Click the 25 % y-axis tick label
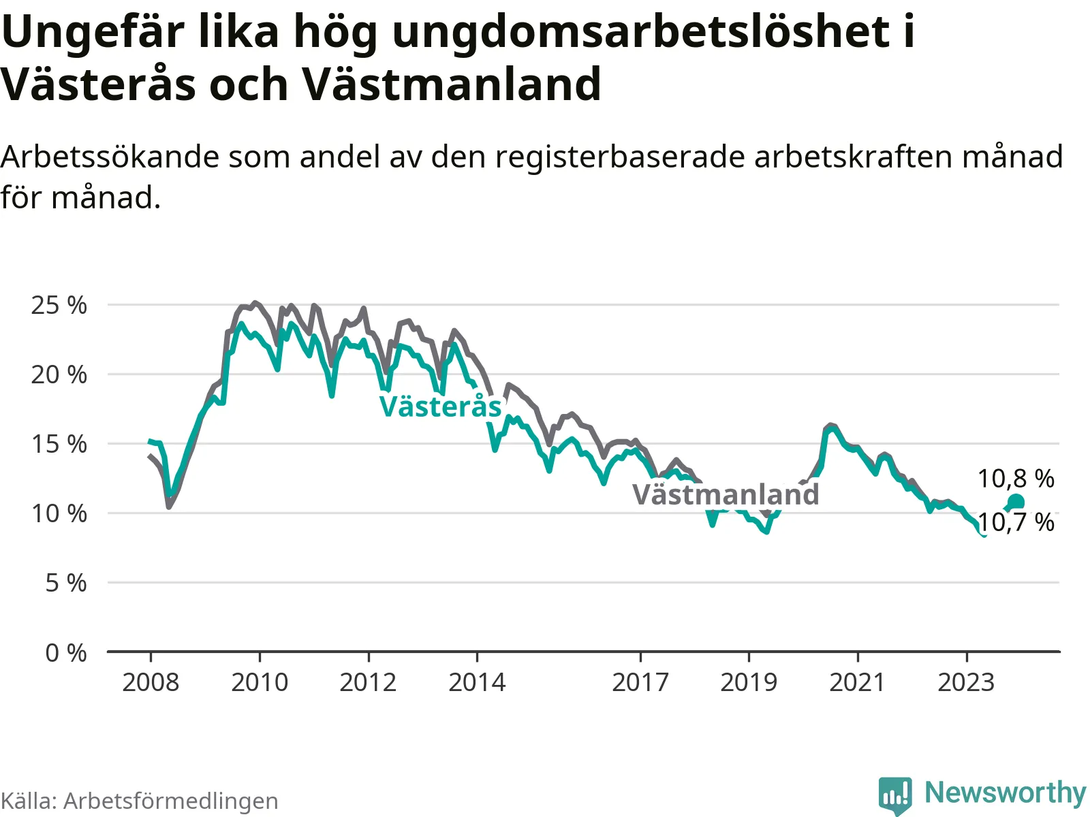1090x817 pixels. point(59,306)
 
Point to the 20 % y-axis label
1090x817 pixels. point(59,375)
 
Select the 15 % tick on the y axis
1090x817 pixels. point(59,445)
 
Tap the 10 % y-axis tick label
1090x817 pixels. point(59,514)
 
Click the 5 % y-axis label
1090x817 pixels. point(65,583)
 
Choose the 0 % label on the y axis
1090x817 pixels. point(65,654)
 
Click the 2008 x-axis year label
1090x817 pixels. point(151,683)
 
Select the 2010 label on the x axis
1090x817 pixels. point(260,683)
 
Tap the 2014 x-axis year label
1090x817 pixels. point(477,683)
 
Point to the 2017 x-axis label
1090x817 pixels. point(640,683)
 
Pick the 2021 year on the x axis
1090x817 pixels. point(858,683)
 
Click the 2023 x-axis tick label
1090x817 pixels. point(966,683)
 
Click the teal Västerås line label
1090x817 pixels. point(441,406)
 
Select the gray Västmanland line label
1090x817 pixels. point(726,494)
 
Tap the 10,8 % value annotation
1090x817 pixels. point(1016,479)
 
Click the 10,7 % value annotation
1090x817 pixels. point(1016,523)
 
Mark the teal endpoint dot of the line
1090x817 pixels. point(1016,502)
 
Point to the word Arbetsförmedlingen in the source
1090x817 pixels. point(171,801)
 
